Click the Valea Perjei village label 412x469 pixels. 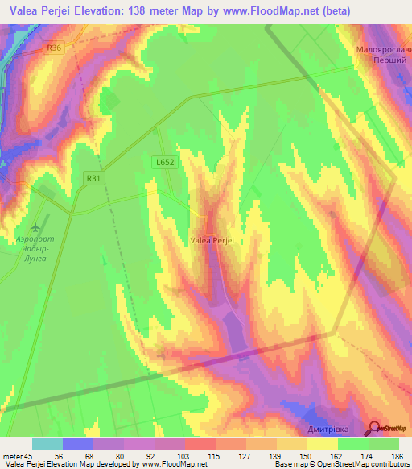tap(212, 239)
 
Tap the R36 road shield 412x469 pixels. tap(55, 48)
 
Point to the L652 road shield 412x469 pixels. tap(164, 162)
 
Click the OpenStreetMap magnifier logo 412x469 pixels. tap(375, 429)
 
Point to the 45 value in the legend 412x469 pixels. tap(28, 456)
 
